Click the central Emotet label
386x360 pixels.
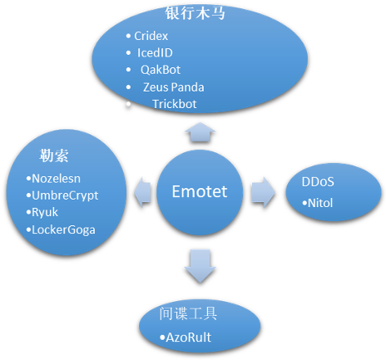[200, 191]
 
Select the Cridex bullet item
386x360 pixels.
[151, 36]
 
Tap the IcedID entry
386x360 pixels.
[155, 52]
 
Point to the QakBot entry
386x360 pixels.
[161, 70]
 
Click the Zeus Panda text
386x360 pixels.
[174, 87]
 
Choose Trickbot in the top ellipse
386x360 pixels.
[175, 104]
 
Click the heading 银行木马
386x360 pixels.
[195, 13]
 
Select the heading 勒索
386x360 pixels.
[54, 155]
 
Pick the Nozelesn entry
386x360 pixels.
[57, 179]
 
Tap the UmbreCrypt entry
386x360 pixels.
[65, 195]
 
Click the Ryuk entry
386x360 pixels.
[45, 213]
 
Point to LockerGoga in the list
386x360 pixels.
[63, 229]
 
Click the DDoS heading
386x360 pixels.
[318, 182]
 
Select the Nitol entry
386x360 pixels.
[320, 203]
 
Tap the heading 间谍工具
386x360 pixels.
[188, 313]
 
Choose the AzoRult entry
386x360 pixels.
[189, 338]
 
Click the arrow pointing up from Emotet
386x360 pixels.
[200, 132]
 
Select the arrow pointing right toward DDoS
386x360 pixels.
[264, 192]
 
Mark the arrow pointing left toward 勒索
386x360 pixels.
[142, 192]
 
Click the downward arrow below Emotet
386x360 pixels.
[200, 266]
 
